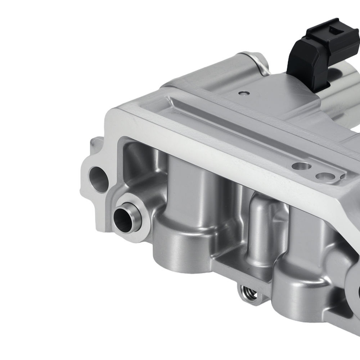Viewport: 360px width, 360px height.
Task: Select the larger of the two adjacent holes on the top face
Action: tap(301, 166)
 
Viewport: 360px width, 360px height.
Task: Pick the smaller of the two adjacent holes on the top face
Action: tap(324, 176)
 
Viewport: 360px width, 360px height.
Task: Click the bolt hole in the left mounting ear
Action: tap(98, 178)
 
